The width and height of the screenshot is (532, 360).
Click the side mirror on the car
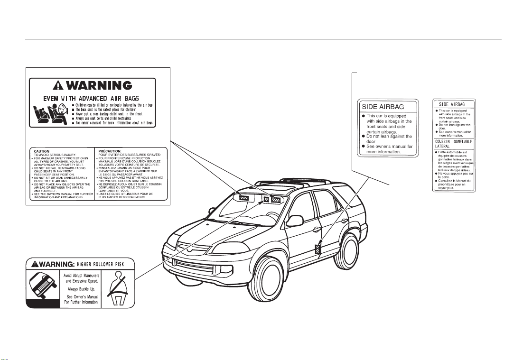pos(296,221)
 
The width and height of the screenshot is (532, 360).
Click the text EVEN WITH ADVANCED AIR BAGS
pos(92,101)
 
